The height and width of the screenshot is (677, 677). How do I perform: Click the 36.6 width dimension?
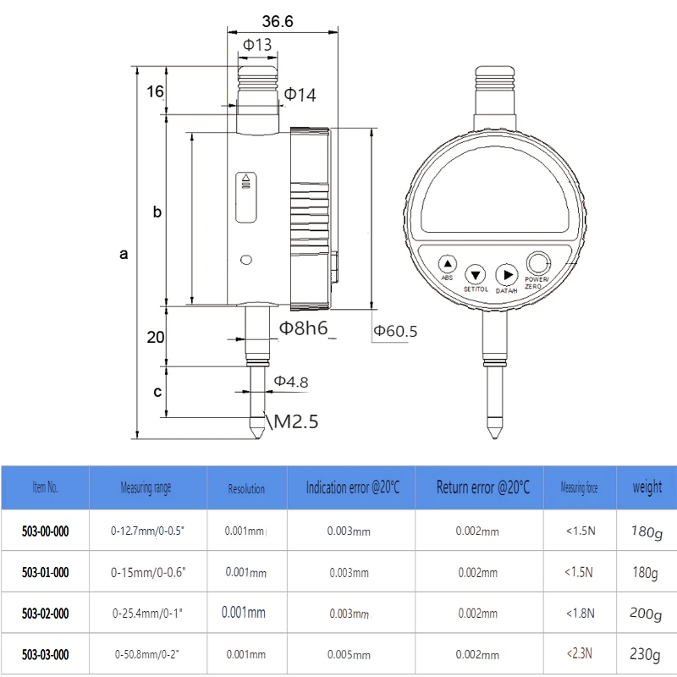(277, 21)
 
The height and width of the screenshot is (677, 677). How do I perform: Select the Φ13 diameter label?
(257, 45)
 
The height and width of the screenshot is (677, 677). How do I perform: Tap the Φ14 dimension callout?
(299, 95)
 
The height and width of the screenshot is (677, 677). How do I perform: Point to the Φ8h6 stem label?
(304, 328)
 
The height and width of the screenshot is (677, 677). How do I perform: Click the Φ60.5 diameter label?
(395, 331)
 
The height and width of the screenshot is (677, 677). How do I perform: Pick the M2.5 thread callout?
(293, 421)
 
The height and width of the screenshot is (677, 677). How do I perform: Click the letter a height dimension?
(124, 253)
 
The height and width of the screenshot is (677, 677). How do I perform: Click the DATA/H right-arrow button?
(506, 274)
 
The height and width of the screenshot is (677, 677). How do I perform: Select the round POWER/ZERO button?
(537, 263)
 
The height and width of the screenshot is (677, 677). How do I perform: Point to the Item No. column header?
(45, 487)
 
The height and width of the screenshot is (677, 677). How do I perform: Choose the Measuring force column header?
(579, 487)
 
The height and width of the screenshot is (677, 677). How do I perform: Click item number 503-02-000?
(45, 614)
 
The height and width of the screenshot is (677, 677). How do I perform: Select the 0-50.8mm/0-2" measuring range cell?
(147, 654)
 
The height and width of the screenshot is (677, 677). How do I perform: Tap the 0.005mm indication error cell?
(349, 655)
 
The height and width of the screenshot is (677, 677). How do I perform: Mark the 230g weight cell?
(647, 654)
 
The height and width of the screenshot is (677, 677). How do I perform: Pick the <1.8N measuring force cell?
(580, 614)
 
